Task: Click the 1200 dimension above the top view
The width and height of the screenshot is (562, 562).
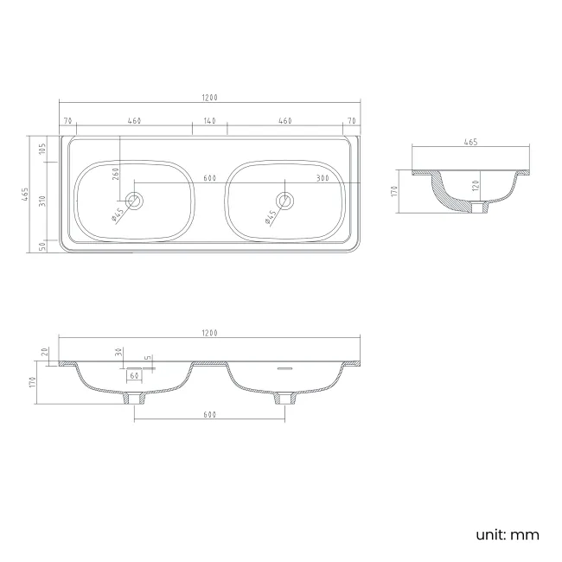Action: coord(210,98)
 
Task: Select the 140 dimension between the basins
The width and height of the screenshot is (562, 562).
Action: coord(210,121)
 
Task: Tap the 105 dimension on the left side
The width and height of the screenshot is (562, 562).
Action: coord(42,149)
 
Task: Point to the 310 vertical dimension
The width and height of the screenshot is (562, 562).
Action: coord(42,201)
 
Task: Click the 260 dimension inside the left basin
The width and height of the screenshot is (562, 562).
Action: coord(115,174)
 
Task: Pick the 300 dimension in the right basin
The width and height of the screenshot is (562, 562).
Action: coord(323,178)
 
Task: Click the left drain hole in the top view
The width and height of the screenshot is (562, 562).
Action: coord(134,201)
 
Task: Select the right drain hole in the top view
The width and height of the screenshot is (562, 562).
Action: coord(285,201)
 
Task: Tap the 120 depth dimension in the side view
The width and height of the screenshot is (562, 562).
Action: coord(476,185)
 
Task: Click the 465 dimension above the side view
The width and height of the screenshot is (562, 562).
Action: coord(470,142)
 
